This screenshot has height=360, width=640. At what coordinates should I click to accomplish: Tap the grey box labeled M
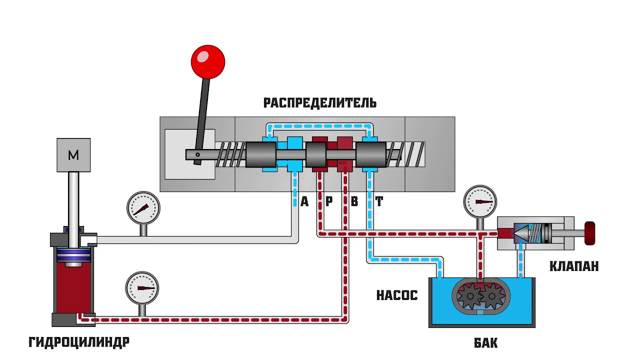point(73,155)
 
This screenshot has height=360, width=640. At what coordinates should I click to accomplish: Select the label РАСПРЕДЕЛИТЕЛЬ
point(320,103)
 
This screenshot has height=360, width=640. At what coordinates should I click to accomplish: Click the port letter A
point(304,201)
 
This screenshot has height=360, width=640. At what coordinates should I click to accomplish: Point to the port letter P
point(329,201)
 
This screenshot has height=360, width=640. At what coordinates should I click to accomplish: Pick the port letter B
point(354,201)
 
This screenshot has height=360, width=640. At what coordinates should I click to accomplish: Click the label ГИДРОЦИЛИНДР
point(79,342)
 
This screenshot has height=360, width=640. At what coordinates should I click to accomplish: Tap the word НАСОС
point(396,295)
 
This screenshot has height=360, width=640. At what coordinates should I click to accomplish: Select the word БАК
point(485,343)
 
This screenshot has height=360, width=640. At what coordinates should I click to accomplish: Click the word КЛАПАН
point(574,266)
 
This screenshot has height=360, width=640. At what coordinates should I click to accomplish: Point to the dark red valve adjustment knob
point(590,233)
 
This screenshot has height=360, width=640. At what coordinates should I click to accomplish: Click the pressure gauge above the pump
point(480,202)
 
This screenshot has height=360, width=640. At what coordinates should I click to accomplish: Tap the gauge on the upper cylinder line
point(143,208)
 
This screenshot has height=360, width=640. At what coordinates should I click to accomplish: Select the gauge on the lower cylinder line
point(142,288)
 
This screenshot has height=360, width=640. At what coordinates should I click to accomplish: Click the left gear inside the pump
point(470,297)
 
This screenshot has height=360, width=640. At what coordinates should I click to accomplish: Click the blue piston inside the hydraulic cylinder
point(73,255)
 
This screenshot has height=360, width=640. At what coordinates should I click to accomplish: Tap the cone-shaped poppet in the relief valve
point(521,233)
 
